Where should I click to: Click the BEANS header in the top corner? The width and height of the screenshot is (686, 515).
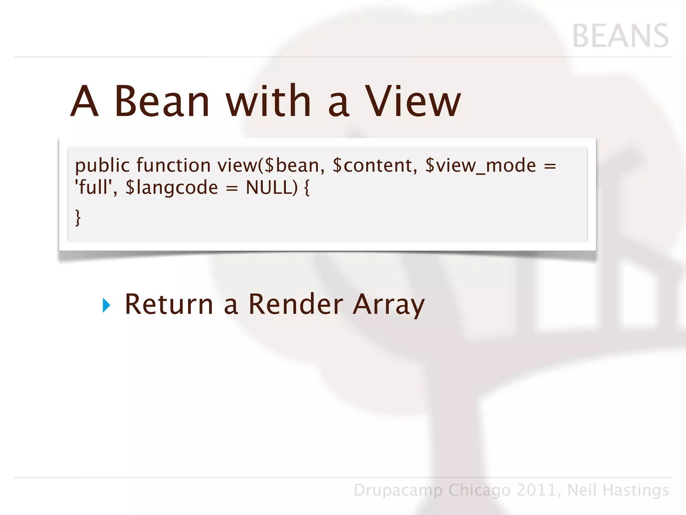[x=620, y=36]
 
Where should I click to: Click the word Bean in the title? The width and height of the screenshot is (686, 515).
[x=162, y=101]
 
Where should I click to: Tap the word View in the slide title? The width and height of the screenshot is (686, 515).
[x=413, y=101]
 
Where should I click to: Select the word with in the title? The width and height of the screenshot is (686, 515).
[x=269, y=101]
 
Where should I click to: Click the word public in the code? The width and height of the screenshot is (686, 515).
[x=102, y=166]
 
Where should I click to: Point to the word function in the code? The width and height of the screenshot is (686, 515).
[x=174, y=166]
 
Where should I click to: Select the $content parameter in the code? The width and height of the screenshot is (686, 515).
[x=374, y=166]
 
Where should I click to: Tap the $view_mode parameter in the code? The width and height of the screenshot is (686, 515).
[x=480, y=166]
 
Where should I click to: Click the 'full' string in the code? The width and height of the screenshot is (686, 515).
[x=96, y=187]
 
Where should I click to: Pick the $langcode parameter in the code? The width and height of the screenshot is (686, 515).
[x=171, y=188]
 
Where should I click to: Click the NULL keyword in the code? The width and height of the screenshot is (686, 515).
[x=269, y=187]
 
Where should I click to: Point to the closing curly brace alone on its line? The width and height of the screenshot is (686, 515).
[x=78, y=218]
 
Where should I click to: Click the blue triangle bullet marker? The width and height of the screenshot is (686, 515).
[x=106, y=305]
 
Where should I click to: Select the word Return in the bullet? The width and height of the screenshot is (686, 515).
[x=169, y=304]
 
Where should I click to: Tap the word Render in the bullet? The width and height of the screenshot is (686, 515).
[x=296, y=304]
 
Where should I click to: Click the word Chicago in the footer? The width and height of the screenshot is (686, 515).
[x=479, y=490]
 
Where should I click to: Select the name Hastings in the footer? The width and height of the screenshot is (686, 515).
[x=635, y=490]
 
